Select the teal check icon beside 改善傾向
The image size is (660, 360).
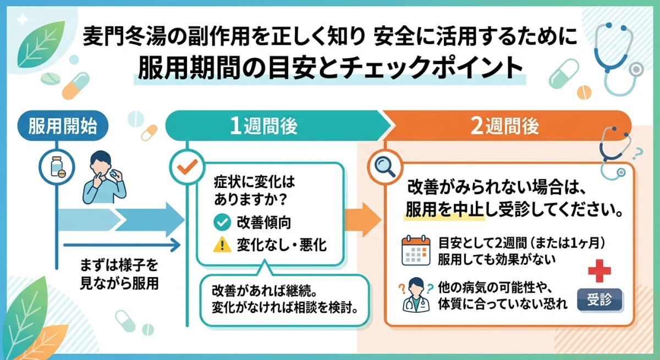(221, 223)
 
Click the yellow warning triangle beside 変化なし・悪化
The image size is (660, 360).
(221, 245)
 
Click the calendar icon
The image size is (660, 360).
(415, 251)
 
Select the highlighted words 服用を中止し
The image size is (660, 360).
(444, 211)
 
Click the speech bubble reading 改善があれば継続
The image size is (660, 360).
(285, 297)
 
